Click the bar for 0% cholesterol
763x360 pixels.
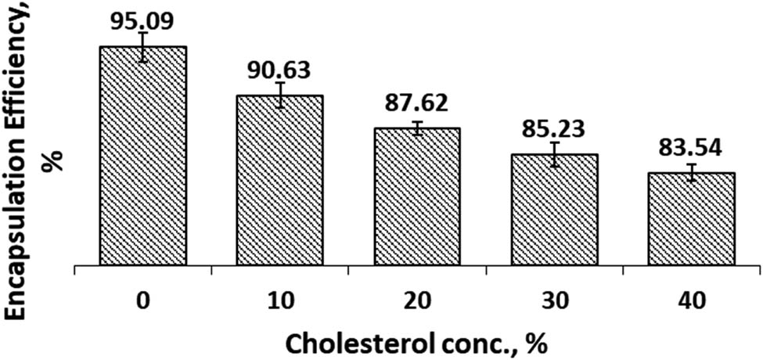pos(142,157)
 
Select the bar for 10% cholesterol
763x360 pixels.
pos(279,181)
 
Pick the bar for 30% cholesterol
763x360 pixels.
pos(554,211)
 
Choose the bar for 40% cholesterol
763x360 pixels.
pos(691,219)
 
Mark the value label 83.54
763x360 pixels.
pos(691,147)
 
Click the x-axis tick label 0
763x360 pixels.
pos(142,300)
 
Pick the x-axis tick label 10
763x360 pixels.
pos(279,300)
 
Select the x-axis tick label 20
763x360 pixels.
pos(417,300)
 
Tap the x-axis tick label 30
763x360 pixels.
pos(554,300)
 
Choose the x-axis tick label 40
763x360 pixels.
pos(691,300)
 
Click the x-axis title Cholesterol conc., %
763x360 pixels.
pos(414,342)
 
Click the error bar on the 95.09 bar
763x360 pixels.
pos(142,47)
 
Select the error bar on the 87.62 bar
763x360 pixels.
pos(417,128)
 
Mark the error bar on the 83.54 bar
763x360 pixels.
pos(691,173)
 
